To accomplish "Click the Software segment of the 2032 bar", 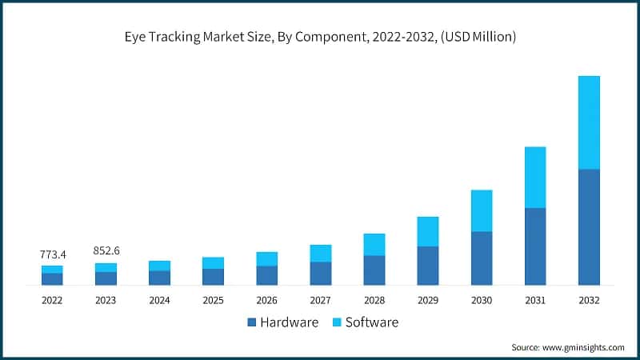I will pos(588,122).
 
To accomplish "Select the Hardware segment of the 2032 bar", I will pos(588,227).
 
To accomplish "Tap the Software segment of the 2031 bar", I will pos(534,177).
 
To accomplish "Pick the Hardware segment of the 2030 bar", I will pos(481,258).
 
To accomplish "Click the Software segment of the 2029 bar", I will pos(427,231).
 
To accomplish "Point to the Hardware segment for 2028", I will pos(374,270).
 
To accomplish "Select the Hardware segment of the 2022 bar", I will pos(52,279).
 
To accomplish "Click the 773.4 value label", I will pos(53,254).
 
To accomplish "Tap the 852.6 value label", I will pos(106,251).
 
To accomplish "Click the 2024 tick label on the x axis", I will pos(159,300).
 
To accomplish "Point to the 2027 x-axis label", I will pos(320,300).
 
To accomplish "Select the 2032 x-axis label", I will pos(588,300).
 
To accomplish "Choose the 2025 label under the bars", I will pos(213,300).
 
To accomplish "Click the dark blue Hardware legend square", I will pos(252,323).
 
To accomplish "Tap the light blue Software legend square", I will pos(337,323).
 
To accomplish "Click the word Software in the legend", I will pos(372,322).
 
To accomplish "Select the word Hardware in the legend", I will pos(290,322).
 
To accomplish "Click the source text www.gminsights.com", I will pos(584,347).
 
